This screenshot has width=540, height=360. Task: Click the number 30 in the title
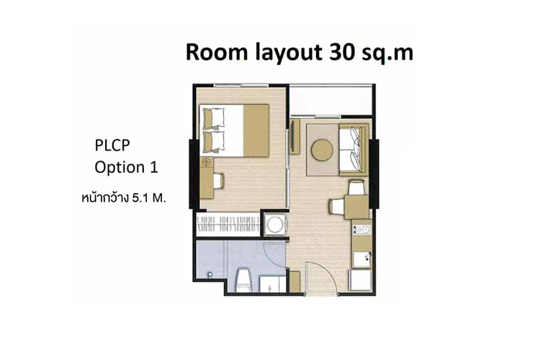click(x=341, y=53)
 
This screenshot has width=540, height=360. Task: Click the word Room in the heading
click(x=216, y=53)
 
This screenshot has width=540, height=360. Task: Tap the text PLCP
click(x=112, y=145)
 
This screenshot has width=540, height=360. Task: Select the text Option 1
click(x=126, y=168)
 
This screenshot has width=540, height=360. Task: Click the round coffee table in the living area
click(x=322, y=150)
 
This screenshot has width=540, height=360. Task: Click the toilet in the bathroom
click(x=244, y=279)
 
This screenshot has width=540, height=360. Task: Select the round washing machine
click(x=275, y=225)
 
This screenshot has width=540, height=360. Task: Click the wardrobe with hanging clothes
click(x=228, y=224)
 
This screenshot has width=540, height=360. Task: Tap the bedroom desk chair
click(x=219, y=181)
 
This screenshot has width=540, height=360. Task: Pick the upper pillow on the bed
click(x=214, y=119)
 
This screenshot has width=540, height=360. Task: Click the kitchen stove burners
click(x=361, y=229)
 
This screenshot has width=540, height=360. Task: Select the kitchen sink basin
click(x=362, y=258)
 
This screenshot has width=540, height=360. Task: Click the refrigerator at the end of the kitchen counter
click(x=361, y=279)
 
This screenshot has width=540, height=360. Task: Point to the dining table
click(x=357, y=207)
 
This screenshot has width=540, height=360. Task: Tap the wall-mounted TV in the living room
click(x=293, y=136)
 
